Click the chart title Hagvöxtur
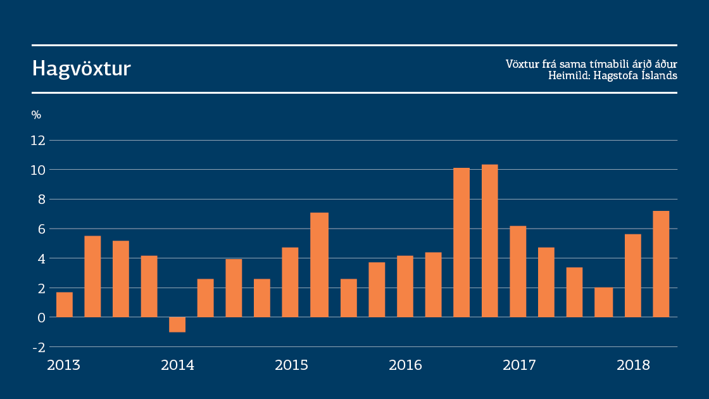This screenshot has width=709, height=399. point(82,68)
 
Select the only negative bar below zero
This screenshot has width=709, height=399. point(177,324)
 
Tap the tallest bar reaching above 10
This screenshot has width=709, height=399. point(489,241)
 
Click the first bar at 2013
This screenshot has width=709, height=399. point(64,305)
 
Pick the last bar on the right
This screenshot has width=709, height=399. point(660,264)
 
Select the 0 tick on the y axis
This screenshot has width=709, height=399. point(41,317)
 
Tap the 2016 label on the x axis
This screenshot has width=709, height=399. point(405,365)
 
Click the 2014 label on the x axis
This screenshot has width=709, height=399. point(177,365)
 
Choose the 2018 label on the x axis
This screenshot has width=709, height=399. point(633,365)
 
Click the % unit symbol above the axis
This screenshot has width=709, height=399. point(36,115)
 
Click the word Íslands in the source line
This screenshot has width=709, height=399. point(660,75)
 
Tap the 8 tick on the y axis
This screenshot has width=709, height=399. point(41,199)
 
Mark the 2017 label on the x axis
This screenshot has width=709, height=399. point(519,365)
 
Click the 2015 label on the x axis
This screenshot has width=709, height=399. point(291,365)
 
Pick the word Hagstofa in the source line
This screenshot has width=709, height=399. point(618,75)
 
